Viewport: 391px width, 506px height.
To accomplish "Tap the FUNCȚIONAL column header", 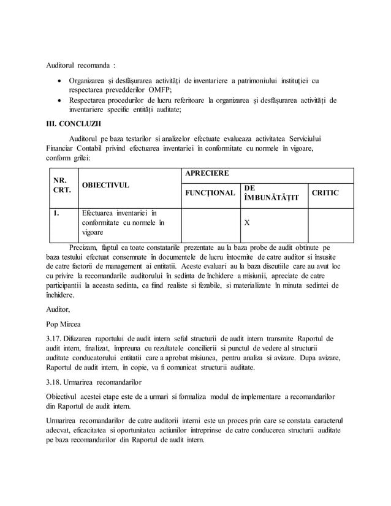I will point(209,193).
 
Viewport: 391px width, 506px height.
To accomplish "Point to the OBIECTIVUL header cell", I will point(105,184).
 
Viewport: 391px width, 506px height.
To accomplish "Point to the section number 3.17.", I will point(56,339).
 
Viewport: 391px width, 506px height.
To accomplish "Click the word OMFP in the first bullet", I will point(159,90).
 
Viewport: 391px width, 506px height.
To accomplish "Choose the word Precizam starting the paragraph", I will point(85,247).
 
